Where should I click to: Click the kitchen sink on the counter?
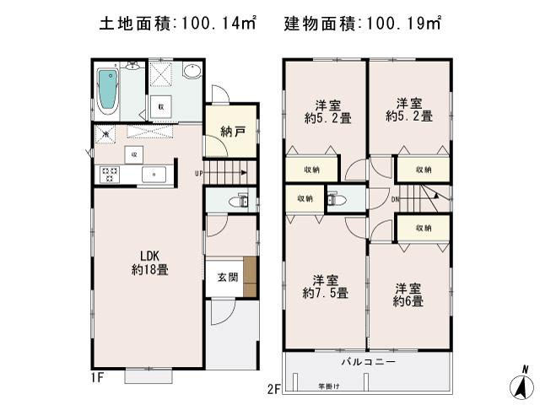click(156, 175)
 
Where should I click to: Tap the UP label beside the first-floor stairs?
click(198, 174)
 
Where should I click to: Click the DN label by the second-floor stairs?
click(395, 199)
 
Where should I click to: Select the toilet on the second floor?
click(335, 201)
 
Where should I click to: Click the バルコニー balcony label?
click(368, 361)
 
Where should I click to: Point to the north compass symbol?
click(523, 384)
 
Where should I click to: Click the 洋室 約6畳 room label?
click(408, 294)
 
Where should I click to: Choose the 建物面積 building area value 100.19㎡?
click(400, 23)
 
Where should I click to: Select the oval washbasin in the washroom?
click(192, 73)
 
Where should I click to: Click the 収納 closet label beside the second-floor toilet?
click(305, 199)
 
